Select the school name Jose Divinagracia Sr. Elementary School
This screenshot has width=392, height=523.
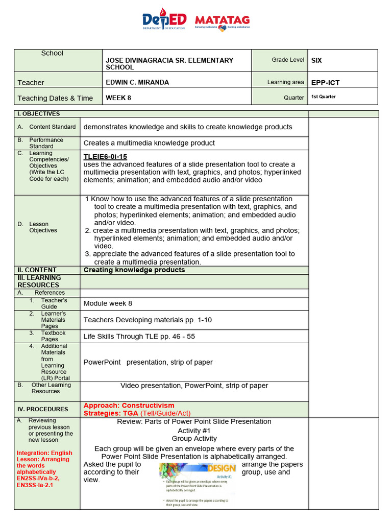tap(169, 64)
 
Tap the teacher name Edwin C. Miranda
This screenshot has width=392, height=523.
tap(137, 82)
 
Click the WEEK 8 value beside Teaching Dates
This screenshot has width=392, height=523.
tap(118, 98)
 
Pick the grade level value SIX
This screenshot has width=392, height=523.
tap(316, 60)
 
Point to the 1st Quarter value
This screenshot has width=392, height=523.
tap(324, 97)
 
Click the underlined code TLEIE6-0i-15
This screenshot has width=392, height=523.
tap(105, 156)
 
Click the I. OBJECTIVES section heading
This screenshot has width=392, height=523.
tap(39, 114)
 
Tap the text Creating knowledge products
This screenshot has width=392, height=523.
tap(134, 270)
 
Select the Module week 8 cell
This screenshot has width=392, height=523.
tap(108, 303)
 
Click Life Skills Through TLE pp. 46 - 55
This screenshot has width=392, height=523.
tap(139, 337)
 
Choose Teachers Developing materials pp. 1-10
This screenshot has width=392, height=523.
tap(148, 320)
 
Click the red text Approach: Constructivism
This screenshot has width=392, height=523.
tap(129, 406)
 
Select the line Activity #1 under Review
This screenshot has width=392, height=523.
tap(194, 431)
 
